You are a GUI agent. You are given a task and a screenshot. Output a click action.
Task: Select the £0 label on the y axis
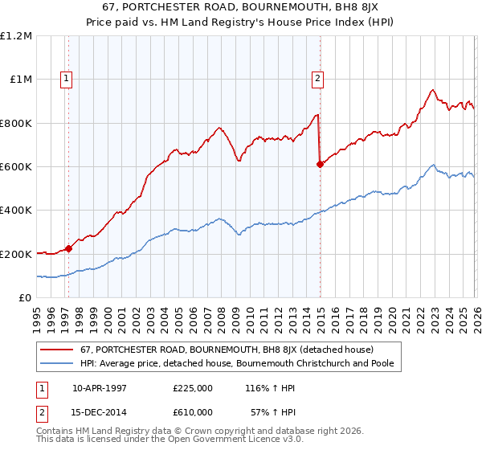(x=25, y=298)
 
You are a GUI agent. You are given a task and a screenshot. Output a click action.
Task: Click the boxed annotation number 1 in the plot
(x=65, y=79)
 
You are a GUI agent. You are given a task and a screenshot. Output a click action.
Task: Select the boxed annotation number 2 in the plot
(x=318, y=79)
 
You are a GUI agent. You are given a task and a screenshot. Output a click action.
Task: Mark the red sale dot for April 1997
(x=69, y=248)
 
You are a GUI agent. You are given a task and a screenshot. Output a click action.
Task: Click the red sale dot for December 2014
(x=320, y=164)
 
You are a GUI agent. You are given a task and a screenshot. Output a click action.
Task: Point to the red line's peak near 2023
(x=432, y=90)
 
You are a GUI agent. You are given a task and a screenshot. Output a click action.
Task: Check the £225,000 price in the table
(x=192, y=387)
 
